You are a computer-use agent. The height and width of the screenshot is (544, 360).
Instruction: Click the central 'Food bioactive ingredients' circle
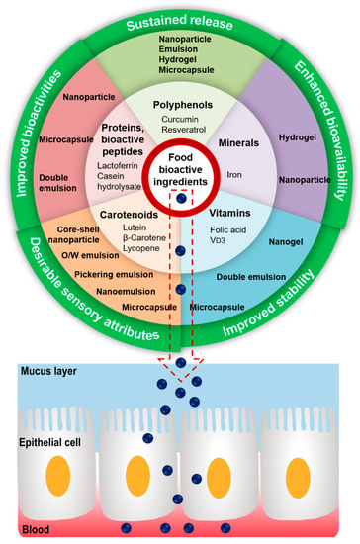tap(179, 170)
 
